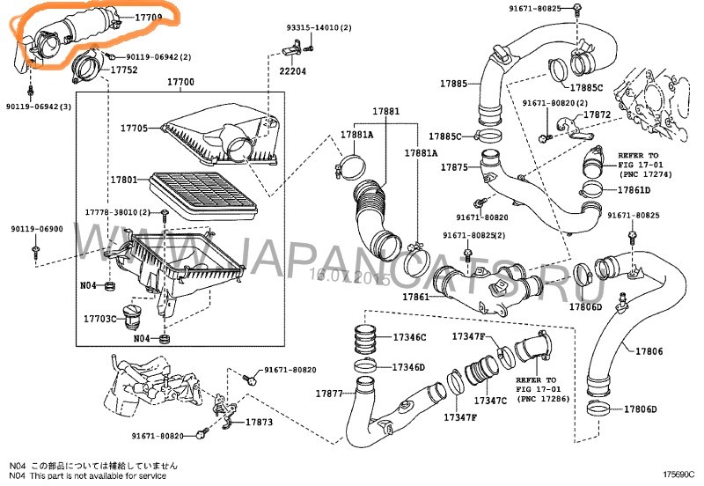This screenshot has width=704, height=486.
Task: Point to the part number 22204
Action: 293,71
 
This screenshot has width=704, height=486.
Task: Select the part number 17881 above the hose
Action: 385,112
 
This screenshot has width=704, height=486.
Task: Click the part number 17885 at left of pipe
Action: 453,84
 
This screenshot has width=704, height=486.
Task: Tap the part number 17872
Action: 597,115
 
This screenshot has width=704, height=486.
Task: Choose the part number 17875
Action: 454,166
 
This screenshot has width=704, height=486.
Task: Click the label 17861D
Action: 634,190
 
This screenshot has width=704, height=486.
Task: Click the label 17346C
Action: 408,337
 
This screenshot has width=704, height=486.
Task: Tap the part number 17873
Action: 259,423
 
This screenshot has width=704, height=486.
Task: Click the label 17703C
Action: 100,318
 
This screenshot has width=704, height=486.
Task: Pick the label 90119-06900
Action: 37,229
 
